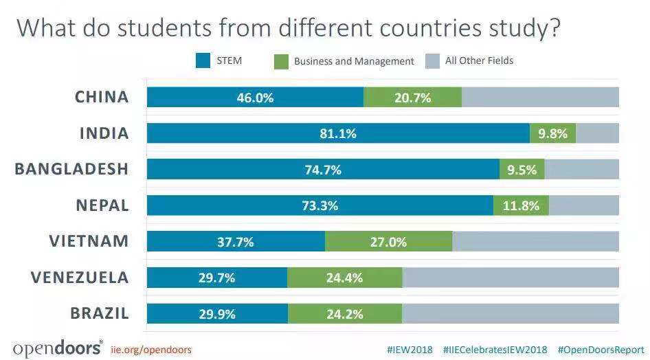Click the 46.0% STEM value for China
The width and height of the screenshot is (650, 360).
coord(255,98)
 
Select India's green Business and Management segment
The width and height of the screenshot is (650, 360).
coord(552,133)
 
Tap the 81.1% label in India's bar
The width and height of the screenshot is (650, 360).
coord(338,134)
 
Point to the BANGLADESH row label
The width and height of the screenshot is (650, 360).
coord(71,169)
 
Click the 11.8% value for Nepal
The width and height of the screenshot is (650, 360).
coord(522,205)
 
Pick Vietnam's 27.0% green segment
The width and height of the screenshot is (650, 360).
coord(389,242)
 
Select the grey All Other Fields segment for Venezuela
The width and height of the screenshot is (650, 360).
coord(510,278)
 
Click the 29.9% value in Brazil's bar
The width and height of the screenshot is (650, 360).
coord(217,314)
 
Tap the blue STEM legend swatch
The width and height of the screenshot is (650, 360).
coord(202,60)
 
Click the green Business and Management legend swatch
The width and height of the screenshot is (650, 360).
coord(280,61)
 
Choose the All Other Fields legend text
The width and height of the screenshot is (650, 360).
coord(479,60)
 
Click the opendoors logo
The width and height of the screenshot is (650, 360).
coord(58,348)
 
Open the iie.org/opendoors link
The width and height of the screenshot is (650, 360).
coord(150,350)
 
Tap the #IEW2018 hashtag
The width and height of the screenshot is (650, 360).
coord(410,350)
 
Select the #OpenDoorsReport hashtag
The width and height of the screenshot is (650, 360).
coord(601,350)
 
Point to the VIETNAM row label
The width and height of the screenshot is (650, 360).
coord(89,241)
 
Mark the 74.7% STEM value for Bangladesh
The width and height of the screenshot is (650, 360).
coord(323,170)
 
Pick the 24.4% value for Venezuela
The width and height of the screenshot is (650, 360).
coord(344,278)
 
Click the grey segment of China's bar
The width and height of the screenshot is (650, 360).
coord(540,98)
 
